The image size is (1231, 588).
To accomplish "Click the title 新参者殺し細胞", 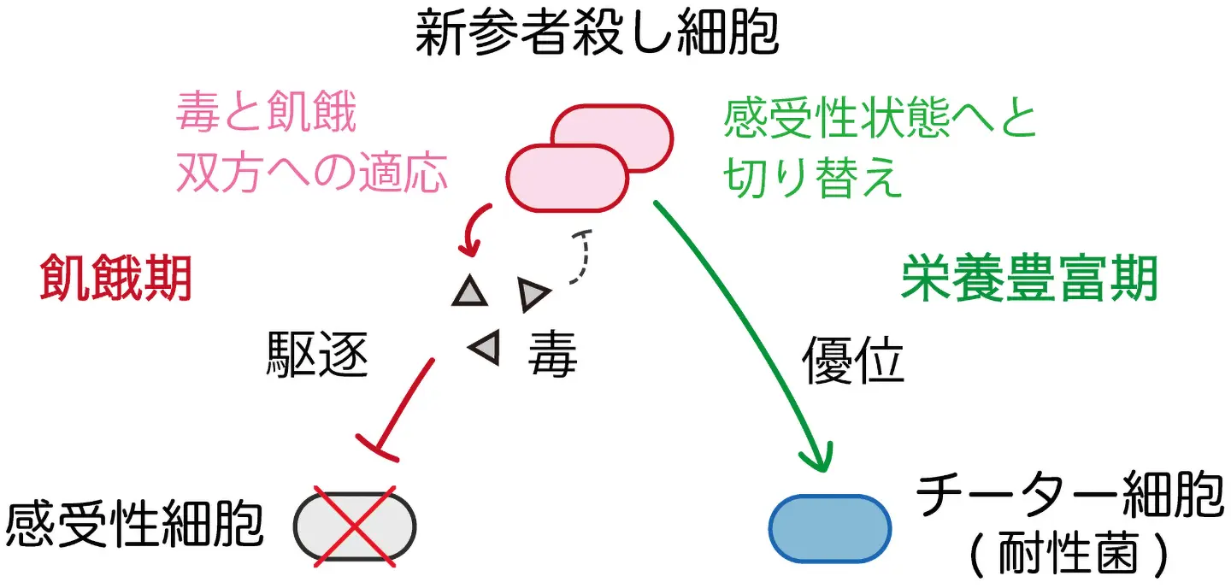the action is [597, 33].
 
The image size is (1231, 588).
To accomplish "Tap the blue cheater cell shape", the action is [830, 529].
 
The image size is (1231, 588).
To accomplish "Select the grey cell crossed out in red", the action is [355, 526].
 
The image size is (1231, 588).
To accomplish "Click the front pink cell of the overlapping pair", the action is [567, 178].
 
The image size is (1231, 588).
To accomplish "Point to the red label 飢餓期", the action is [115, 278].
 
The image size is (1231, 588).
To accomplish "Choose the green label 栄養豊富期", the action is [1028, 278].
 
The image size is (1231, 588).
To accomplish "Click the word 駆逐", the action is [317, 355].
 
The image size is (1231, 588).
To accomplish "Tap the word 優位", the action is [853, 361].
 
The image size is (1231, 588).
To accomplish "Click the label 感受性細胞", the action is [135, 525].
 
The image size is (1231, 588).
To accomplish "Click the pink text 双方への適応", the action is [312, 173].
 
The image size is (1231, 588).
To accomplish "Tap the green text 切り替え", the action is [812, 177].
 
